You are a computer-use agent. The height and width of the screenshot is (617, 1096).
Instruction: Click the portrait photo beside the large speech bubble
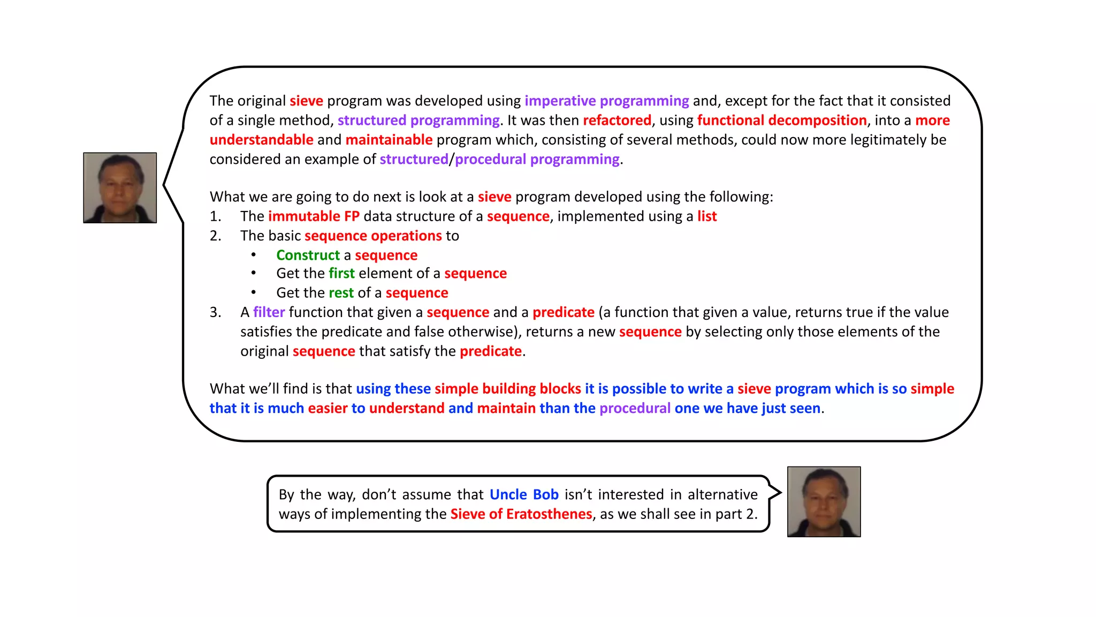coord(120,187)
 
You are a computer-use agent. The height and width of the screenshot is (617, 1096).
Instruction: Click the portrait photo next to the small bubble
coord(824,502)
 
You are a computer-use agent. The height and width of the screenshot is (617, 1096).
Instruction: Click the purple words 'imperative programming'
coord(606,101)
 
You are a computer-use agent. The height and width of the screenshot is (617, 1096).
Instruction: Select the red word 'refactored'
coord(616,120)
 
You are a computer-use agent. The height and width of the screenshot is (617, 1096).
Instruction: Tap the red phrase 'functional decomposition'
coord(781,120)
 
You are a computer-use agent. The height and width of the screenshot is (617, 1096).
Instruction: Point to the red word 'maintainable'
coord(389,140)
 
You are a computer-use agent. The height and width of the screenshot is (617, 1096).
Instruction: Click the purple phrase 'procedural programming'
coord(537,159)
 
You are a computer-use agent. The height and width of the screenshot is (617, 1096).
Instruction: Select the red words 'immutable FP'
coord(314,216)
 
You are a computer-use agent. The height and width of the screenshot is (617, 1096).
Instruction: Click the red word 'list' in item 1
coord(706,216)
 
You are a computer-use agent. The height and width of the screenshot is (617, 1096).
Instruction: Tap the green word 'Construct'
coord(308,255)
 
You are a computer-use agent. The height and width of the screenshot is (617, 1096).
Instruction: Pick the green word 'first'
coord(341,274)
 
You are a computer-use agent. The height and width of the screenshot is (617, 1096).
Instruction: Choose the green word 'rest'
coord(341,293)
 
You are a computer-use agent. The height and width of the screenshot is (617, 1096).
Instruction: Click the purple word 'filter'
coord(269,312)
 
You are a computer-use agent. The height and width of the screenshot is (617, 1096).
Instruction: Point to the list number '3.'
coord(215,312)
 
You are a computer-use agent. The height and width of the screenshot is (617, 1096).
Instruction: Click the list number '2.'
coord(215,236)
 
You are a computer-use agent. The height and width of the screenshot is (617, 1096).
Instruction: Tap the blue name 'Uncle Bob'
coord(523,494)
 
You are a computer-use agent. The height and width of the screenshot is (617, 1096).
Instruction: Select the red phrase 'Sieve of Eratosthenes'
coord(521,514)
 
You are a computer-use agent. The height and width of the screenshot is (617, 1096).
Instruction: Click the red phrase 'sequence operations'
coord(373,236)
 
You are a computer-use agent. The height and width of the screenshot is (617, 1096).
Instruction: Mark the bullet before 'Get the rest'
coord(254,292)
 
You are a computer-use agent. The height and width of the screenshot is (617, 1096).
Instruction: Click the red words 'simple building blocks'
coord(507,389)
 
